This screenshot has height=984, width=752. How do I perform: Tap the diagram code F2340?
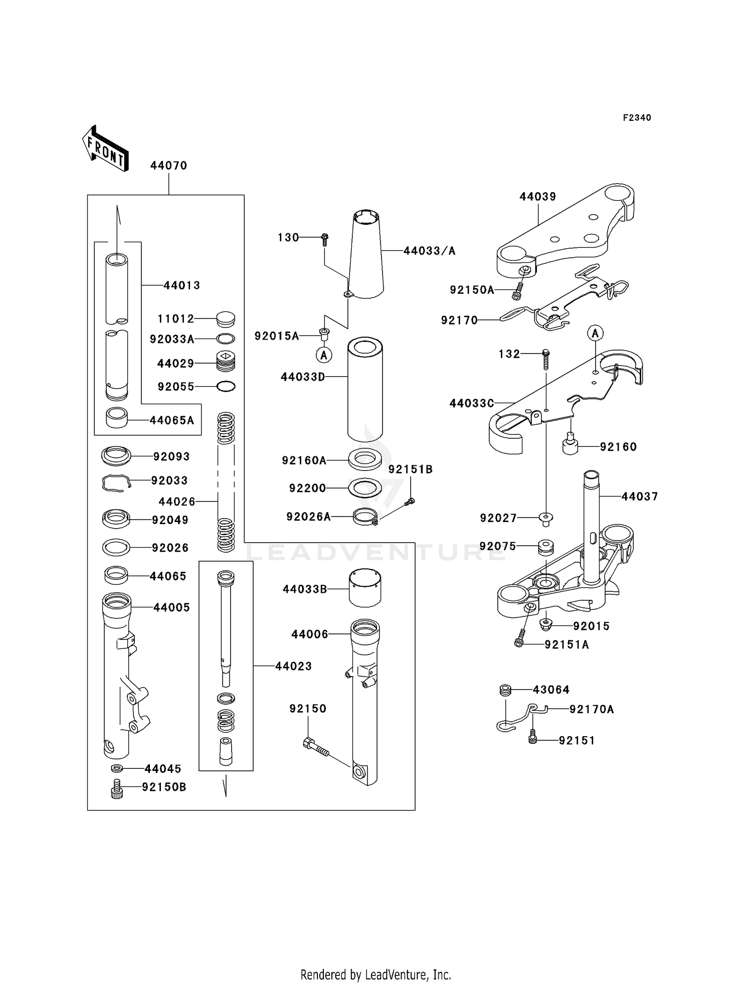(x=637, y=118)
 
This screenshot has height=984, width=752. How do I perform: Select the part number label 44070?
(x=168, y=166)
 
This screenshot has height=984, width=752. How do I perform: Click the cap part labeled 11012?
(x=226, y=318)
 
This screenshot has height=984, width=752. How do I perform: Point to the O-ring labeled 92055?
(x=226, y=386)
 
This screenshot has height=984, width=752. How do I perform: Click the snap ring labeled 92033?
(x=116, y=482)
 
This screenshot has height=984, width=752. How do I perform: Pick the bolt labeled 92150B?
(x=117, y=788)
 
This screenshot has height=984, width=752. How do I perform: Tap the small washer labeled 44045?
(x=117, y=768)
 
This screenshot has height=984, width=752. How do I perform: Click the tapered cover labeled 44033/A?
(x=366, y=256)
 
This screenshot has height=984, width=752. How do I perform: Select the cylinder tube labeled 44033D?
(x=365, y=389)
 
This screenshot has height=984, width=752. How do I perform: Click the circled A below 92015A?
(x=324, y=355)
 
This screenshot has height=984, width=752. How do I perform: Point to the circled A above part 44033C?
(x=595, y=333)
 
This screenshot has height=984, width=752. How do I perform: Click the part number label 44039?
(x=537, y=197)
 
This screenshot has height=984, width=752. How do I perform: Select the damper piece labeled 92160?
(x=570, y=444)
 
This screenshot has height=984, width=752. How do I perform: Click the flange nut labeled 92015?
(x=546, y=625)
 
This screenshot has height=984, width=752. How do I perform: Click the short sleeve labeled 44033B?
(x=364, y=588)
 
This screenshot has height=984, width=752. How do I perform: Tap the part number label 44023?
(x=293, y=666)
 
